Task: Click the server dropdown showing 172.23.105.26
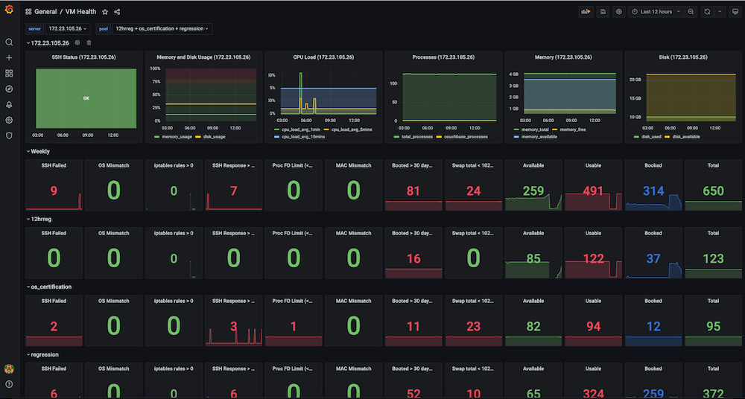pyautogui.click(x=69, y=29)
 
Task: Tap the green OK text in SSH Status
pyautogui.click(x=86, y=98)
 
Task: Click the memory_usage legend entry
pyautogui.click(x=174, y=136)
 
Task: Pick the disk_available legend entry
pyautogui.click(x=686, y=136)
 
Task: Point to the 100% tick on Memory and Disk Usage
pyautogui.click(x=156, y=68)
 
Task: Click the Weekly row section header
pyautogui.click(x=39, y=151)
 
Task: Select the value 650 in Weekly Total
pyautogui.click(x=713, y=191)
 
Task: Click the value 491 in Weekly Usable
pyautogui.click(x=593, y=191)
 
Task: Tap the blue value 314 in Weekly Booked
pyautogui.click(x=653, y=191)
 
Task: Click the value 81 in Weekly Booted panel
pyautogui.click(x=413, y=191)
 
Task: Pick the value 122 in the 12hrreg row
pyautogui.click(x=593, y=258)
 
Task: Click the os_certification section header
pyautogui.click(x=51, y=287)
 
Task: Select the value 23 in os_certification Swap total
pyautogui.click(x=473, y=326)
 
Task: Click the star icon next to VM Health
pyautogui.click(x=105, y=12)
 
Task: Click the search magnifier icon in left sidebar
pyautogui.click(x=9, y=42)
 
